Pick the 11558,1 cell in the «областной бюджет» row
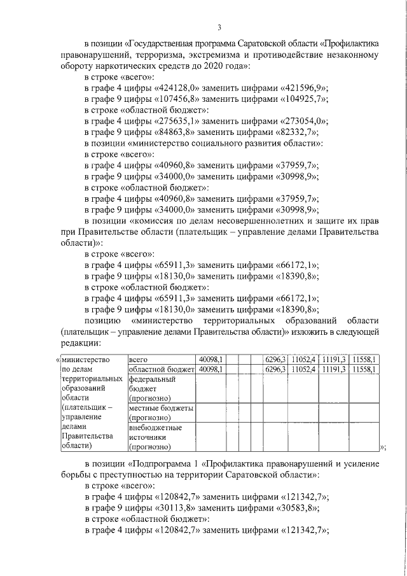(x=365, y=369)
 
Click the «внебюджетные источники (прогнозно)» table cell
(x=161, y=437)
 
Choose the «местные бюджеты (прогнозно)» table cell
(x=161, y=412)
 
